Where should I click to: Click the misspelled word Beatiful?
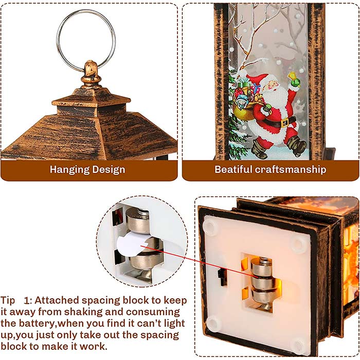click(233, 169)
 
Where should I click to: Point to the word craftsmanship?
click(291, 170)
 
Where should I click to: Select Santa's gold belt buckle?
click(285, 122)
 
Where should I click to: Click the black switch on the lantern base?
click(222, 277)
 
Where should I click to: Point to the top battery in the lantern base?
click(262, 267)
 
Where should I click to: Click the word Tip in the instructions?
click(8, 300)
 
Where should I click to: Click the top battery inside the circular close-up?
click(138, 221)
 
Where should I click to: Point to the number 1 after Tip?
click(27, 301)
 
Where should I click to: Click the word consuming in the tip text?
click(153, 313)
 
